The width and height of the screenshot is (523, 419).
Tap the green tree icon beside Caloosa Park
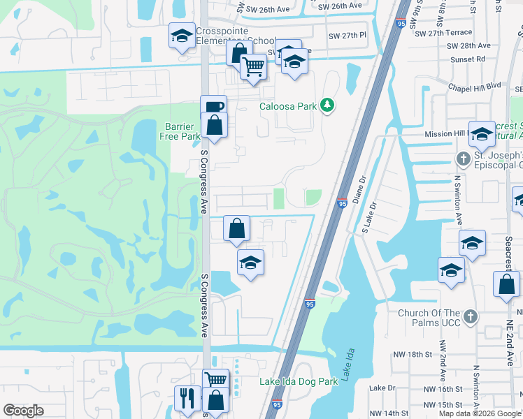pyautogui.click(x=327, y=106)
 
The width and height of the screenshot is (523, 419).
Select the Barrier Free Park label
pyautogui.click(x=182, y=131)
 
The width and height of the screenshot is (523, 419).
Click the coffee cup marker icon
pyautogui.click(x=214, y=107)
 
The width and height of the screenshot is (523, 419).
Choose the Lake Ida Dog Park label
pyautogui.click(x=299, y=381)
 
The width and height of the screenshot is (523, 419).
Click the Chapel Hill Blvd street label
pyautogui.click(x=475, y=85)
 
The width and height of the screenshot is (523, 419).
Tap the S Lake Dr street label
pyautogui.click(x=369, y=217)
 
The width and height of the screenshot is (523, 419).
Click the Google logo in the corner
pyautogui.click(x=23, y=411)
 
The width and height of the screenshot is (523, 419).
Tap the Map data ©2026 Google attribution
pyautogui.click(x=480, y=413)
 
